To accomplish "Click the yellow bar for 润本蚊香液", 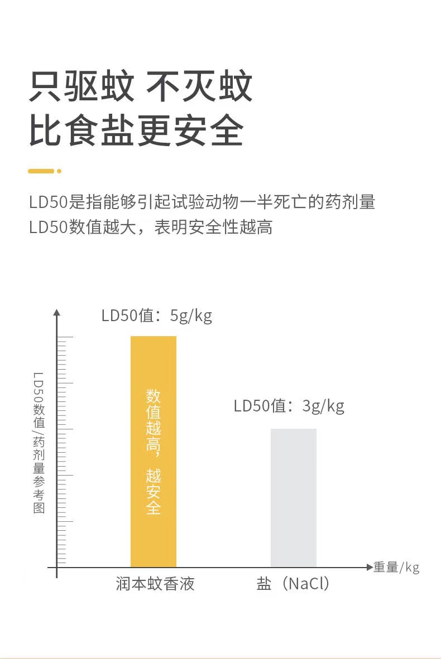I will tap(153, 452).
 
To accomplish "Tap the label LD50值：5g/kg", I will tap(157, 316).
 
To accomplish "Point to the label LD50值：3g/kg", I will tap(289, 406).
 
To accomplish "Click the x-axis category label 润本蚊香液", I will tap(155, 584).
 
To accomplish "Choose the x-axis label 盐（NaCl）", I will tap(293, 584).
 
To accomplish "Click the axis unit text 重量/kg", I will tap(396, 568).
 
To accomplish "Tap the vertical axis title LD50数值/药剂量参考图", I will tap(39, 443).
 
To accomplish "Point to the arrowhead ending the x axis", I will tap(369, 568).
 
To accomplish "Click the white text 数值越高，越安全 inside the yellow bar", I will tap(153, 452).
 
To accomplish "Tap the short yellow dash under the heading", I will tap(41, 171).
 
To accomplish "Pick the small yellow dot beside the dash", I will tap(59, 171).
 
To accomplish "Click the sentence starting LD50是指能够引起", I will tap(202, 202).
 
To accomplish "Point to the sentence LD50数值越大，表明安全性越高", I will tap(151, 227).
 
